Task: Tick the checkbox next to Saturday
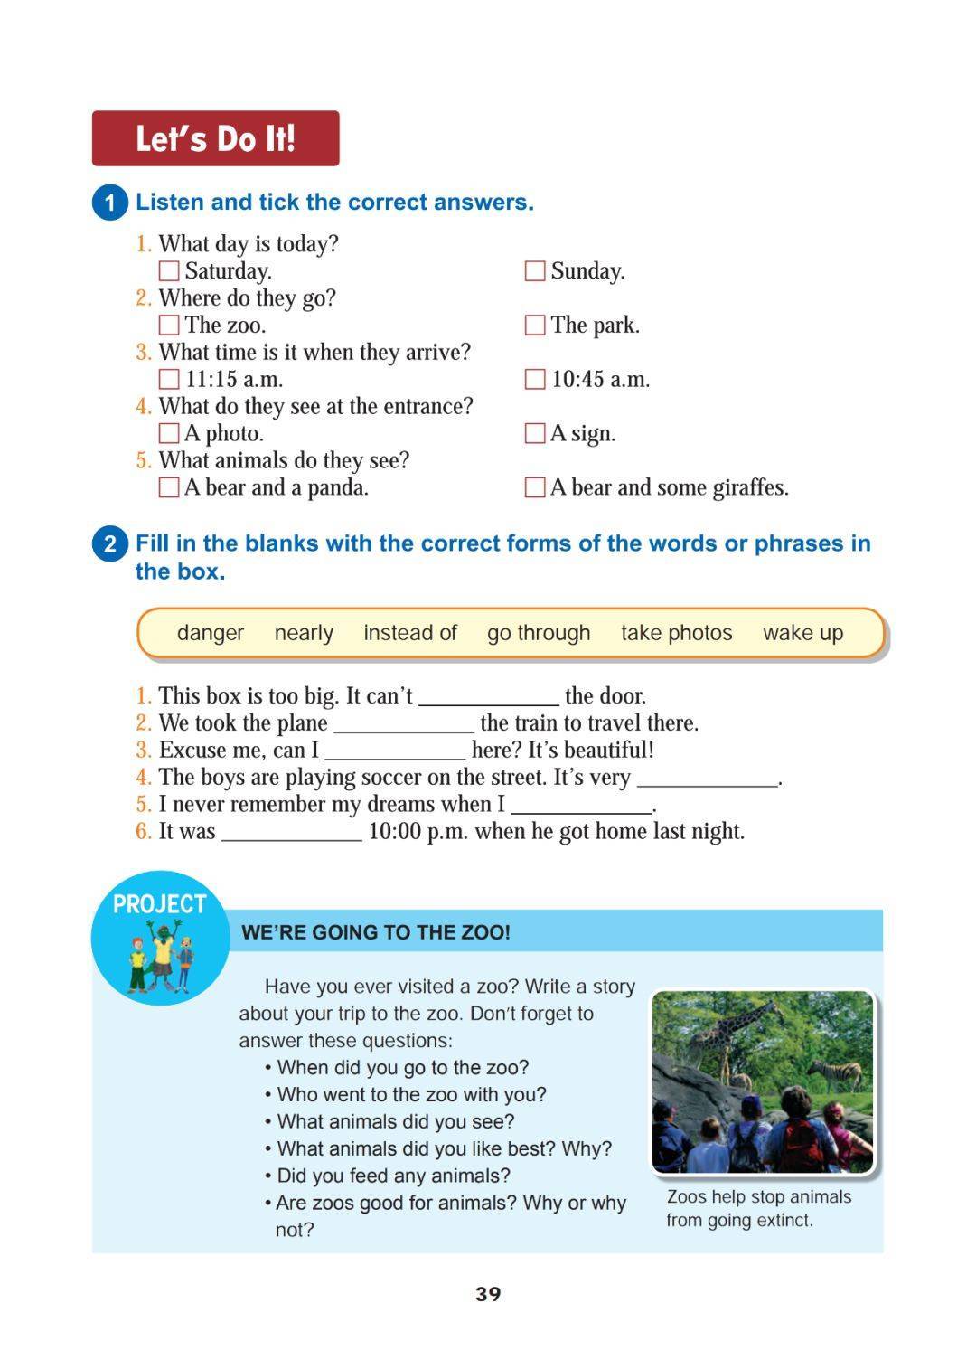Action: coord(169,271)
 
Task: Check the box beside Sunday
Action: coord(535,271)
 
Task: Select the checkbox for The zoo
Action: coord(169,326)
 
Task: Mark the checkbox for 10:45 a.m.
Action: coord(535,379)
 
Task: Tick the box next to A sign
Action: coord(535,433)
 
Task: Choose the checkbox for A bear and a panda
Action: coord(169,487)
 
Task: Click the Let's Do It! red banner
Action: coord(215,138)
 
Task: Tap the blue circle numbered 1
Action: coord(110,202)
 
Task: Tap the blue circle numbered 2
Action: coord(110,543)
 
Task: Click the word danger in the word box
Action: coord(211,633)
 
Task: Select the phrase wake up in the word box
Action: coord(802,633)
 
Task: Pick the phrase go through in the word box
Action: coord(539,633)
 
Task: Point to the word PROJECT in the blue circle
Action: coord(160,903)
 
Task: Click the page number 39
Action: coord(488,1294)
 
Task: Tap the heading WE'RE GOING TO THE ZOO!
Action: coord(376,932)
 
